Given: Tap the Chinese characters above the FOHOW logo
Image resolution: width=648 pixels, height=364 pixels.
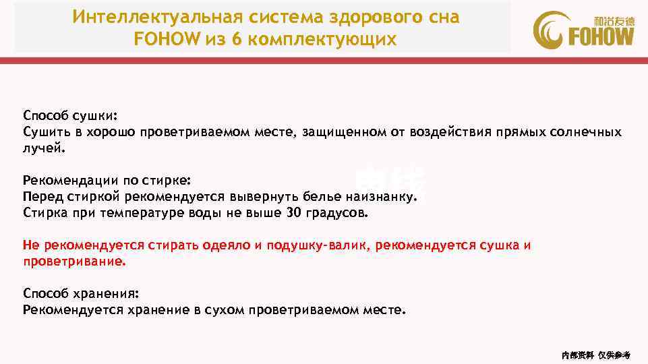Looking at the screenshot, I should [614, 20].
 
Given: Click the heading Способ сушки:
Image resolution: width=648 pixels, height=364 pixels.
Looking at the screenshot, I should [70, 115].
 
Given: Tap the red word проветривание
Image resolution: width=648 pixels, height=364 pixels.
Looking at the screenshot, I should [74, 262].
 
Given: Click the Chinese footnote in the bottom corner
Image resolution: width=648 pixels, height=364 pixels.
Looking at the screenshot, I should [595, 355].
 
